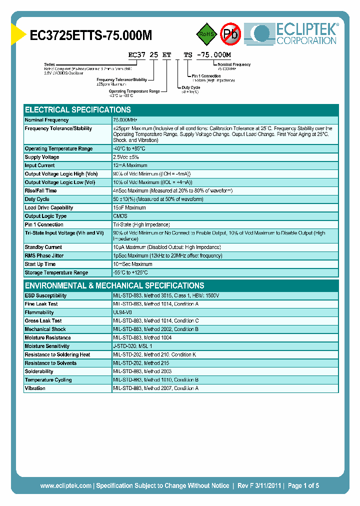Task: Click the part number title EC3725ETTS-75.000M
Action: tap(91, 35)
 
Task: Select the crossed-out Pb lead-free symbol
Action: tap(230, 34)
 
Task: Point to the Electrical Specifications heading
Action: tap(78, 110)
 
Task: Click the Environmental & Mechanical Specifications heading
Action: tap(114, 285)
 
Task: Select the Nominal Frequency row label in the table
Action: tap(47, 120)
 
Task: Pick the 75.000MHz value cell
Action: tap(125, 120)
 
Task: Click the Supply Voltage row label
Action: tap(42, 157)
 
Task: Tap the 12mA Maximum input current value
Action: tap(130, 165)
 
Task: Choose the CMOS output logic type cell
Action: tap(120, 216)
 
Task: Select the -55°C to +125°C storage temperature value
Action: tap(130, 272)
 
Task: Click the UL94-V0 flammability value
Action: tap(122, 312)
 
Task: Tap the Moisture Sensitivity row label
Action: tap(47, 346)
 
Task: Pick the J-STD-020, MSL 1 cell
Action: tap(132, 346)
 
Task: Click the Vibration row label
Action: tap(35, 388)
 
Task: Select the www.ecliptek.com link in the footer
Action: tap(65, 485)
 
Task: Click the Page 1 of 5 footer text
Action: tap(303, 485)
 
